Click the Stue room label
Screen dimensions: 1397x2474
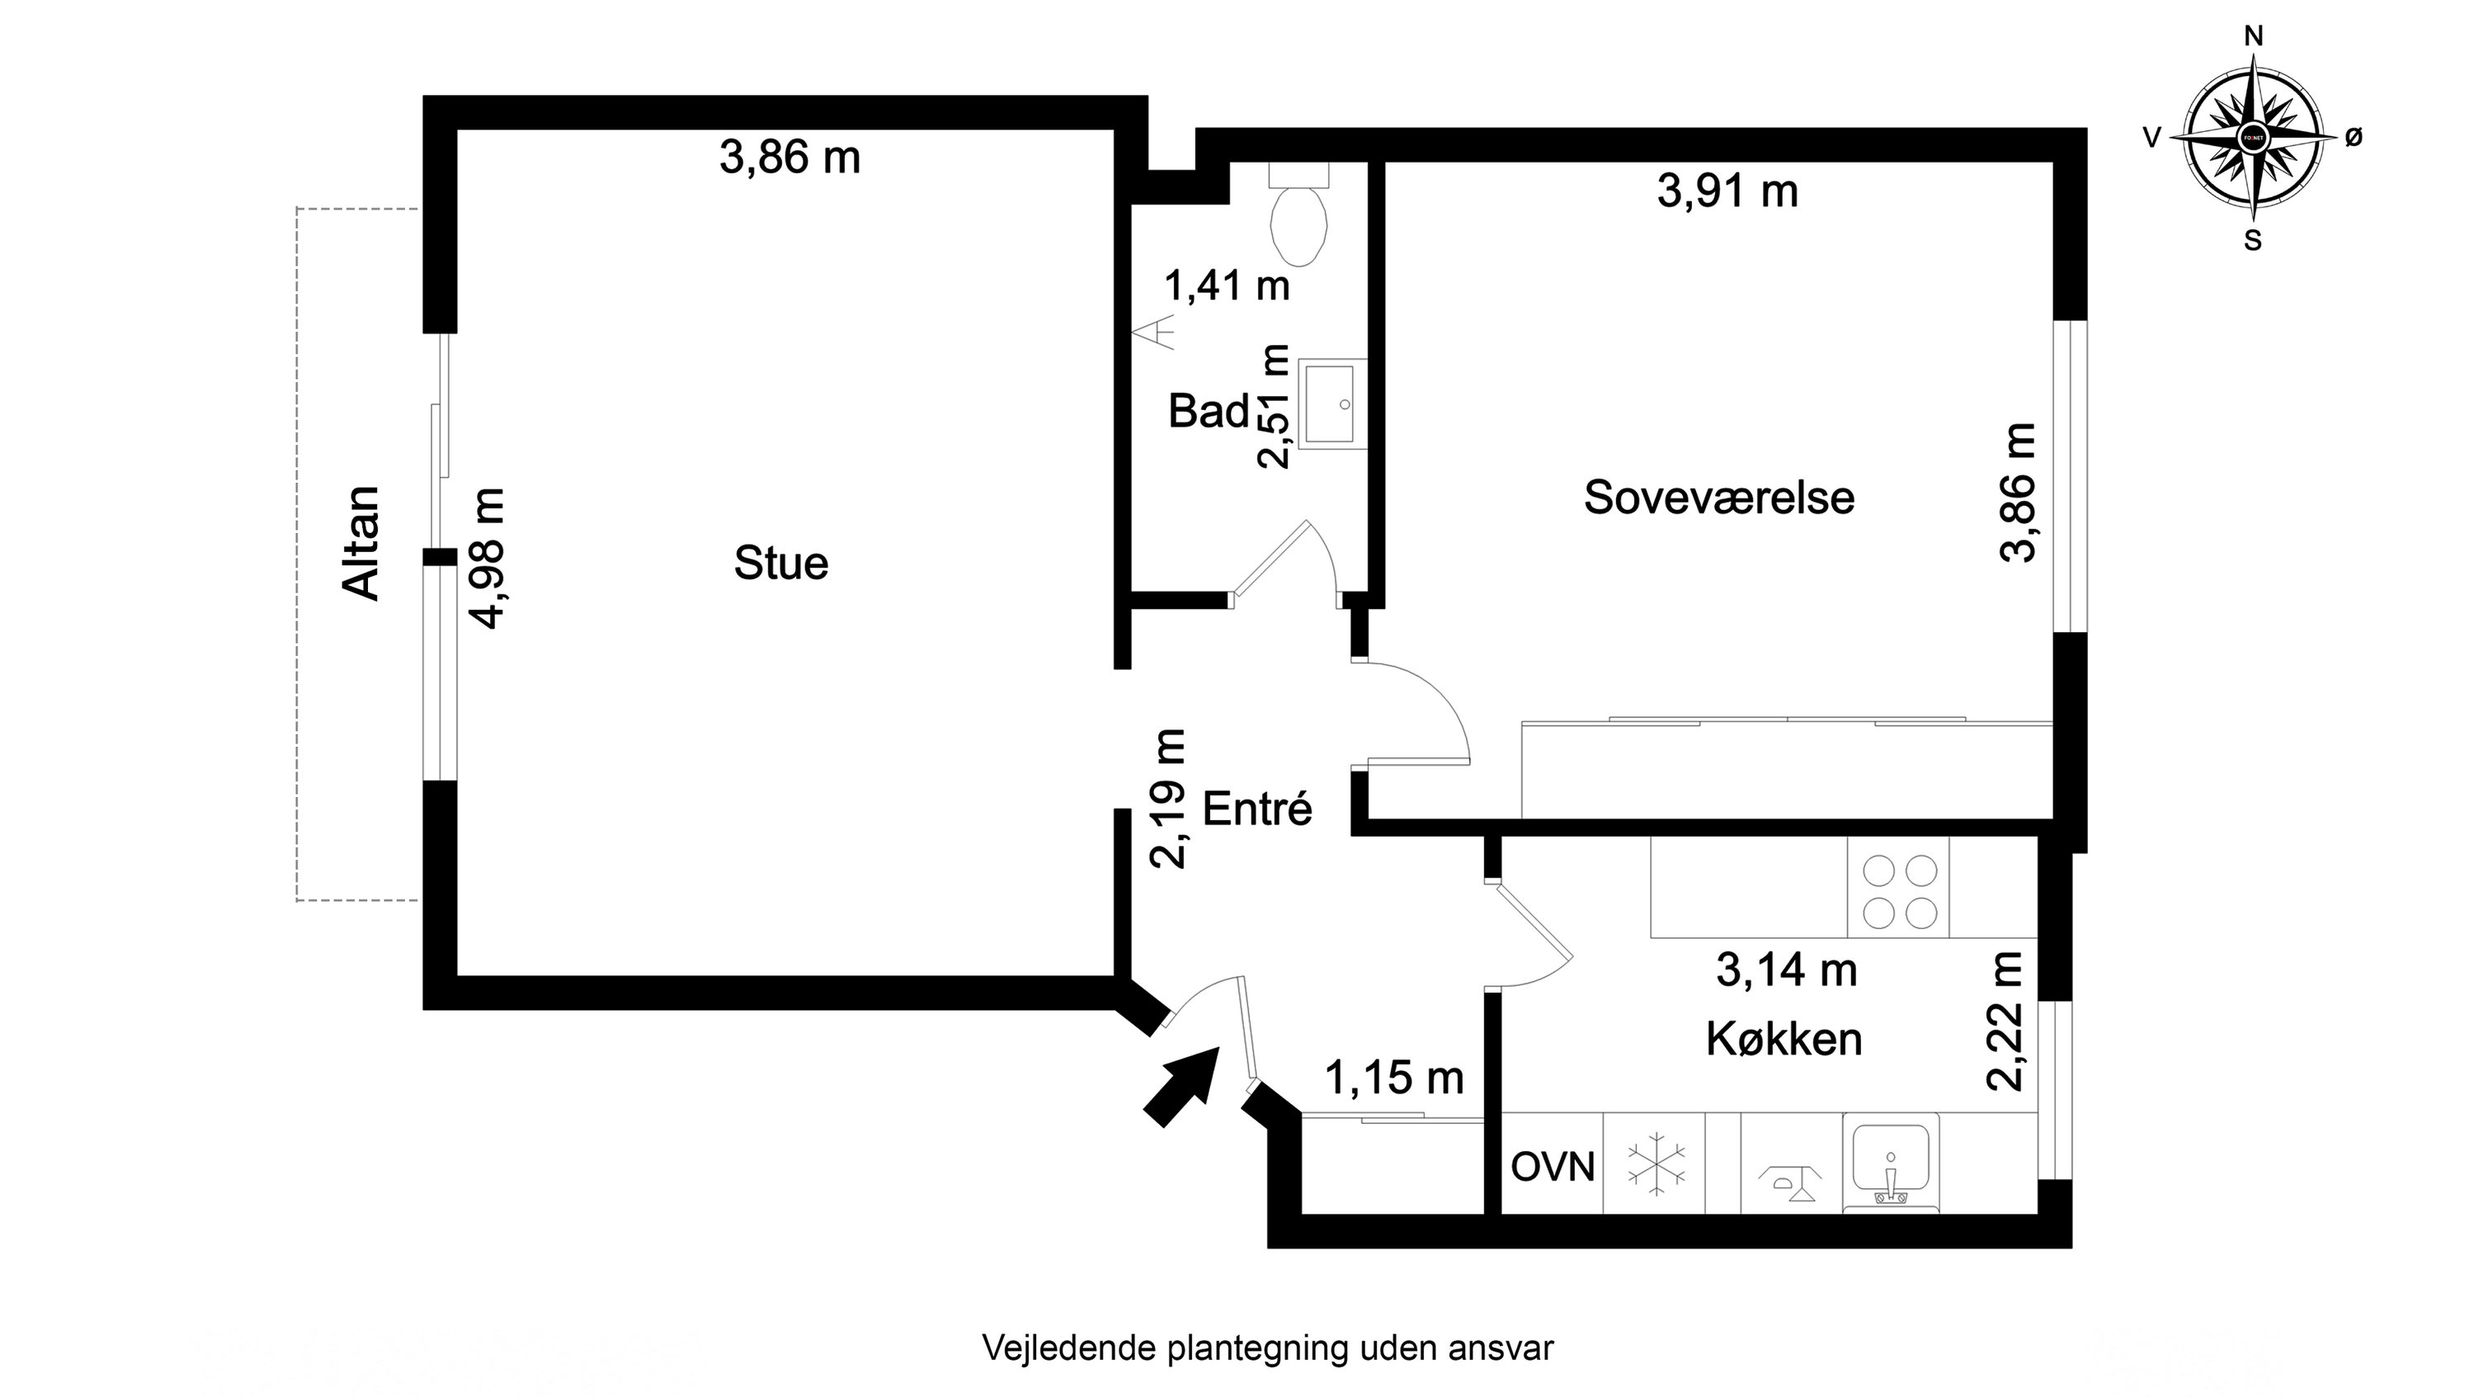click(781, 563)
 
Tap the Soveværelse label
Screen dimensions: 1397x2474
click(1718, 498)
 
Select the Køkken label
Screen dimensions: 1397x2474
click(1784, 1040)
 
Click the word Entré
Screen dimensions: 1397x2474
click(1256, 809)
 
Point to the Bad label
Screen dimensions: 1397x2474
click(1207, 411)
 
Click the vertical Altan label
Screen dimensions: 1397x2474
click(362, 543)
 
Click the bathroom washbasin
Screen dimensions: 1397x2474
click(1331, 404)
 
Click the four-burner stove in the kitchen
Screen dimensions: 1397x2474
click(1899, 892)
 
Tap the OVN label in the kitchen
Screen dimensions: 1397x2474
click(1552, 1168)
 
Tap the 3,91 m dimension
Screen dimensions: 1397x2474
click(1727, 191)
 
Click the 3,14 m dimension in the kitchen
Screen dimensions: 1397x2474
click(1786, 970)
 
